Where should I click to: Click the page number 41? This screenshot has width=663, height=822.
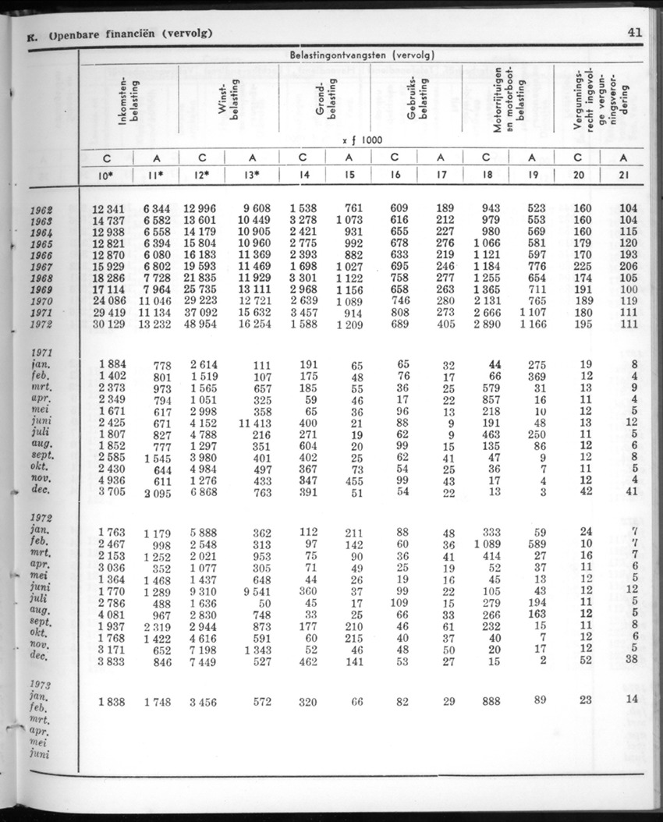click(633, 33)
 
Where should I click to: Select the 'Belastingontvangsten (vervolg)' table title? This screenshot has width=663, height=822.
click(362, 55)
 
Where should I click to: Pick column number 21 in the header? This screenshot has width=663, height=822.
click(623, 175)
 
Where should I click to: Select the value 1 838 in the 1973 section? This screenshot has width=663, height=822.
click(112, 702)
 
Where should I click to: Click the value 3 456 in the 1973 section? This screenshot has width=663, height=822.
click(204, 702)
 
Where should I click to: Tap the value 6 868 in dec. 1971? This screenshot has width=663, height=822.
click(206, 493)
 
